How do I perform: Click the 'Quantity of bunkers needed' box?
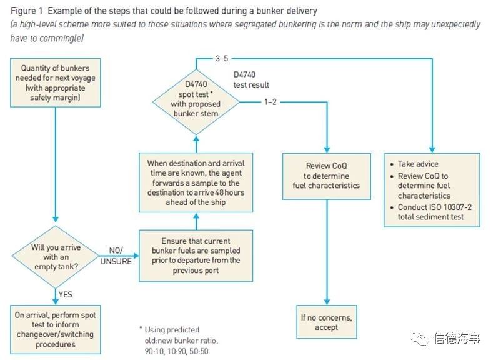click(x=56, y=82)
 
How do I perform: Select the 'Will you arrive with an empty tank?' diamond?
click(x=56, y=257)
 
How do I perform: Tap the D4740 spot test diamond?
click(x=196, y=102)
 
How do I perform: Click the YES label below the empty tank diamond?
click(x=66, y=294)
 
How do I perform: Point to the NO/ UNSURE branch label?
click(x=116, y=256)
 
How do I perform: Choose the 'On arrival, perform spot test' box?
click(x=56, y=329)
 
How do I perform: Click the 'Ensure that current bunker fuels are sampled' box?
click(x=196, y=256)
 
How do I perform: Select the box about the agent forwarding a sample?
click(x=196, y=182)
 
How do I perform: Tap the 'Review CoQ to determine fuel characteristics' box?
click(x=327, y=176)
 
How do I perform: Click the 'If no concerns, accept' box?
click(x=327, y=322)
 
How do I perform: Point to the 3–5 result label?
click(x=222, y=58)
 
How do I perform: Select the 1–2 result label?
click(x=270, y=102)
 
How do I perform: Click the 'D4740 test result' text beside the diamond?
click(x=251, y=79)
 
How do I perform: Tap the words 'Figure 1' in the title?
click(x=27, y=11)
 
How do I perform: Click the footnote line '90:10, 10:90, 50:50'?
click(x=177, y=351)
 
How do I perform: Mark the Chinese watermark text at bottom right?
click(x=457, y=339)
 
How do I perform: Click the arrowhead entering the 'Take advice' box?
click(x=432, y=150)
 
